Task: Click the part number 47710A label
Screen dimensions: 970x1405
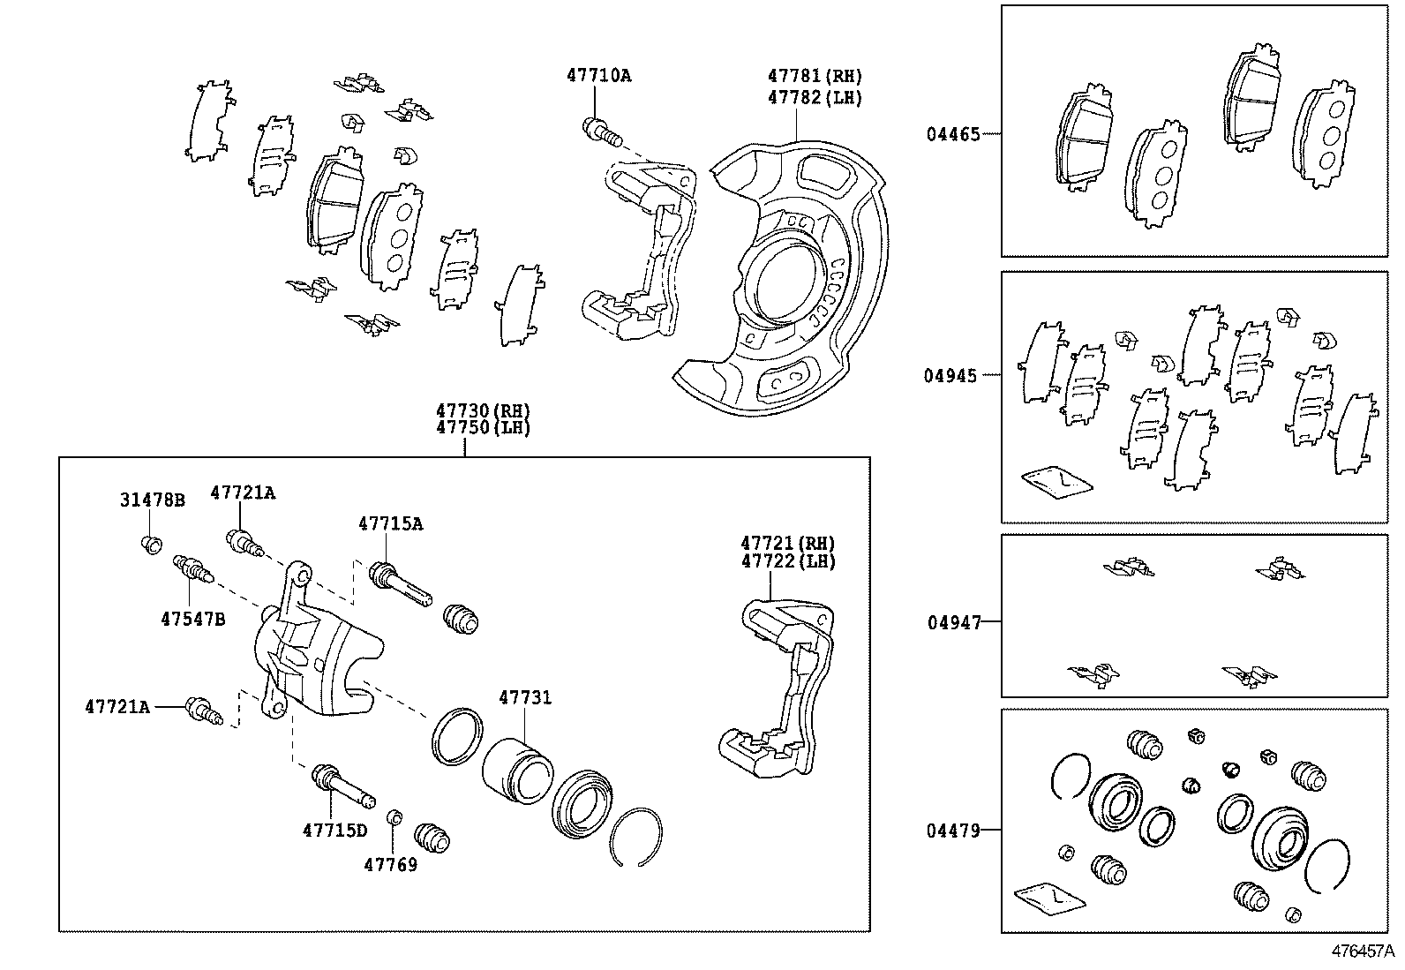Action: point(598,76)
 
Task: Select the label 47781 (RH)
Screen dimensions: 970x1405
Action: point(814,77)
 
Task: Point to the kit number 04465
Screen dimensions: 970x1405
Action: point(952,135)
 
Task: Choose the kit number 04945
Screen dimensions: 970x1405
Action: point(950,376)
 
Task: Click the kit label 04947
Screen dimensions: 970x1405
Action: point(954,623)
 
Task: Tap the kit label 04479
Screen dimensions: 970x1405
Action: point(953,831)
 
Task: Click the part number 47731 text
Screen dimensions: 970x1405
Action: point(525,698)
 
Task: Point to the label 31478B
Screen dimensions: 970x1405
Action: point(153,500)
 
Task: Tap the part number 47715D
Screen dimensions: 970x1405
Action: point(334,831)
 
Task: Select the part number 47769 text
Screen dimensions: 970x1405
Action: point(390,865)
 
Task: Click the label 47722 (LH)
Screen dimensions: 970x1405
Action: point(787,561)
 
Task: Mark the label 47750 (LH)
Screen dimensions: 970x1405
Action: point(482,429)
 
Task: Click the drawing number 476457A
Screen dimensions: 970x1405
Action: point(1362,952)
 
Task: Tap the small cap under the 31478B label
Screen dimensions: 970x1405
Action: point(152,544)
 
